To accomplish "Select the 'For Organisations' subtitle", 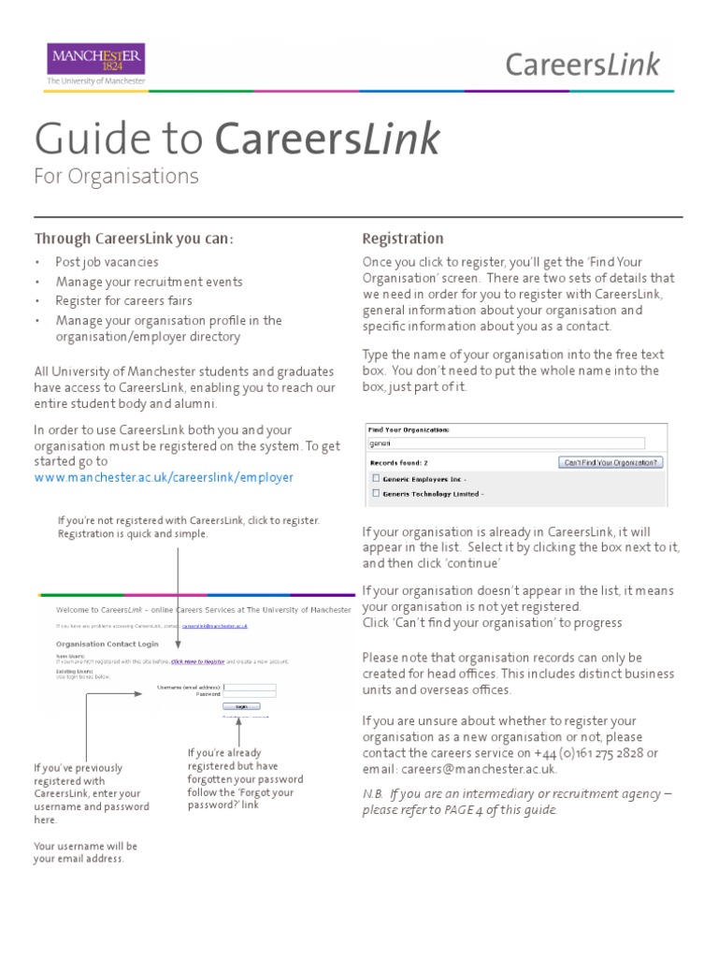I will pos(116,176).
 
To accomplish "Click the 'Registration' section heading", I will pos(402,239).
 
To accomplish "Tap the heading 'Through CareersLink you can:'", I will pos(134,239).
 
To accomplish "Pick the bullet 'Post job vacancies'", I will pos(107,262).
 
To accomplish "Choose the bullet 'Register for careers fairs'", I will pos(123,300).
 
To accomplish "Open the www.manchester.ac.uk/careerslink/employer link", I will pos(164,477).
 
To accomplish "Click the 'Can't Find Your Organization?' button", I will pos(610,462).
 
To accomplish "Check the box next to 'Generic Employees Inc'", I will pos(375,477).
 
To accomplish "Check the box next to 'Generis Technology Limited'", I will pos(375,493).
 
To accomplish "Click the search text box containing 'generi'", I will pos(505,443).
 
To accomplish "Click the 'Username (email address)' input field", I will pos(251,687).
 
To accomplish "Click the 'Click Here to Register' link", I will pos(198,661).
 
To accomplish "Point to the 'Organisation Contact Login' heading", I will pos(106,644).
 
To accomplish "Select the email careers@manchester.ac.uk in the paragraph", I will pos(479,769).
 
